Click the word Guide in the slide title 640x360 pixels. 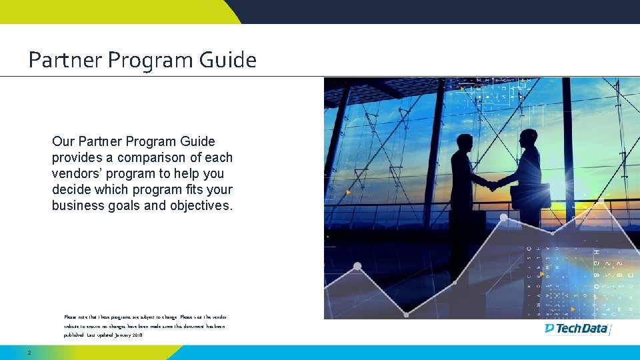(x=227, y=61)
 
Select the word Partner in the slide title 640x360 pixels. (x=65, y=61)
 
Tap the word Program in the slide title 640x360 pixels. (x=150, y=61)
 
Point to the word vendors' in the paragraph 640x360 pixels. (x=76, y=173)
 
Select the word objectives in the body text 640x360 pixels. (x=201, y=205)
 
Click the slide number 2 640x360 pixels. (x=29, y=352)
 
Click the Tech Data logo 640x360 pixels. (x=577, y=328)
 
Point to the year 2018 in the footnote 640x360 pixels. (x=137, y=335)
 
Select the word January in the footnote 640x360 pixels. (x=117, y=335)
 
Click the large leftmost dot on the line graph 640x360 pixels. (x=357, y=267)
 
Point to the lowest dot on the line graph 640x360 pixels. (x=406, y=314)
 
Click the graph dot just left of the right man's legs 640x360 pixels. (x=503, y=217)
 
